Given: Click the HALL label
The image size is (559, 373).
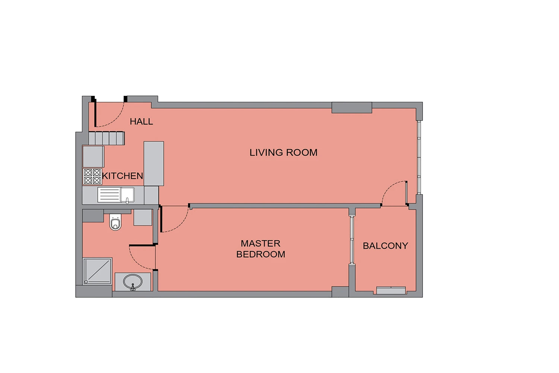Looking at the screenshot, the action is click(141, 122).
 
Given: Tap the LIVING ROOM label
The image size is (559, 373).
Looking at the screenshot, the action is click(284, 153).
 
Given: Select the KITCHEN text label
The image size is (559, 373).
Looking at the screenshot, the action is click(123, 176).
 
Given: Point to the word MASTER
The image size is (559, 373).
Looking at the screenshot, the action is click(260, 243).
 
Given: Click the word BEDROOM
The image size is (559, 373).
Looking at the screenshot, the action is click(260, 254).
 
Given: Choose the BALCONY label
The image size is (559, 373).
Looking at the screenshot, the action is click(385, 246).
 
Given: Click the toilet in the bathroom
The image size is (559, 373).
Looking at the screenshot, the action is click(115, 222).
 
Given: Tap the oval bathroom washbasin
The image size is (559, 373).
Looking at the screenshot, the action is click(133, 282).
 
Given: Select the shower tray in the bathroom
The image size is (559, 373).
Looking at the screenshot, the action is click(97, 271).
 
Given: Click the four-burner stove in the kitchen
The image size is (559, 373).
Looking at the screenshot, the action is click(92, 176).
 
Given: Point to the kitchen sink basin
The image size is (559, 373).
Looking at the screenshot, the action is click(127, 195).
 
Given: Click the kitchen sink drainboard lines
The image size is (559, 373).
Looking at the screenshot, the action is click(109, 195).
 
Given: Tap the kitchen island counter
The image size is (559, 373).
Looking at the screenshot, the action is click(154, 164).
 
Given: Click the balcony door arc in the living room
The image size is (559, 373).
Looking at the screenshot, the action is click(390, 188).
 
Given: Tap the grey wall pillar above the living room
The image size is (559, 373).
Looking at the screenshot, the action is click(352, 108).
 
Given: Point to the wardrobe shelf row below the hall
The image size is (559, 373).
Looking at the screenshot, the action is click(107, 138).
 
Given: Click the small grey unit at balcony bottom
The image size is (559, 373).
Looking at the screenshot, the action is click(391, 291).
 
